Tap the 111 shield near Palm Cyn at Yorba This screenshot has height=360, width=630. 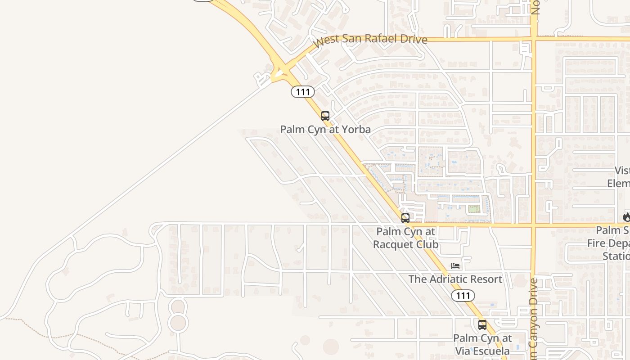[302, 92]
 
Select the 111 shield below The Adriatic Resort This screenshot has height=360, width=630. [463, 296]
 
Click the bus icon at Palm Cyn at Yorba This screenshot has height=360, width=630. [325, 116]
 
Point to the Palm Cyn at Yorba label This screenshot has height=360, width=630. [325, 130]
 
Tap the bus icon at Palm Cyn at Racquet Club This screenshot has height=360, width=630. [405, 218]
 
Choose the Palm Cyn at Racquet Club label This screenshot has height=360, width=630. [406, 238]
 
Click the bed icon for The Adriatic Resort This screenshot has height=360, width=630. [455, 266]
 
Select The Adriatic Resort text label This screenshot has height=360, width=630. [455, 279]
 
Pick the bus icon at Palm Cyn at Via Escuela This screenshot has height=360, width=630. [482, 324]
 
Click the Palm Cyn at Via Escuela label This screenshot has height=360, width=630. [482, 344]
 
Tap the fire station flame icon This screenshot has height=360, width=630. [626, 217]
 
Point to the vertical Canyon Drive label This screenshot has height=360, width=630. [534, 319]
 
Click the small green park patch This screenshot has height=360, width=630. [473, 209]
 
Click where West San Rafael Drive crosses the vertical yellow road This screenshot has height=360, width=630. [534, 39]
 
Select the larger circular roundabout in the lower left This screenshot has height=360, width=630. [178, 323]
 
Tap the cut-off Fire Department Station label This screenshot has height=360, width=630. [610, 243]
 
